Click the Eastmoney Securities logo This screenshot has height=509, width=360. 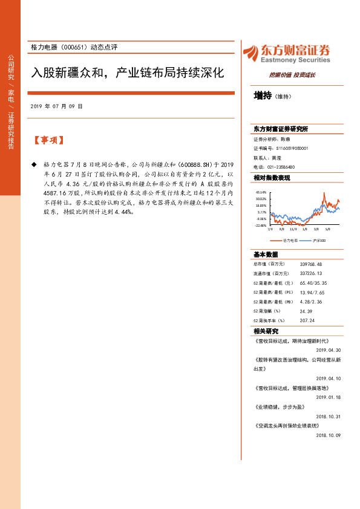pyautogui.click(x=286, y=54)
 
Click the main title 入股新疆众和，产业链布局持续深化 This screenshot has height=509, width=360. pyautogui.click(x=128, y=73)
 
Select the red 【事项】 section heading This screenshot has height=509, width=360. pyautogui.click(x=48, y=140)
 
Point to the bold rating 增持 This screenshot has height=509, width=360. pyautogui.click(x=263, y=95)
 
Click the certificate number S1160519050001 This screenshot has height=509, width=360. pyautogui.click(x=292, y=148)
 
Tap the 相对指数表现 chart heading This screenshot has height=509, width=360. pyautogui.click(x=272, y=178)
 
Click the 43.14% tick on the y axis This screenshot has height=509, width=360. pyautogui.click(x=261, y=192)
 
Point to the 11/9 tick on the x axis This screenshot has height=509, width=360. pyautogui.click(x=293, y=229)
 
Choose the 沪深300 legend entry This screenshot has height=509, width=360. pyautogui.click(x=320, y=240)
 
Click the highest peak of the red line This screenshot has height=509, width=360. pyautogui.click(x=324, y=194)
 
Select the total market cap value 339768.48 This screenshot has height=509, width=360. pyautogui.click(x=311, y=264)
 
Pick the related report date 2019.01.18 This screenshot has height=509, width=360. pyautogui.click(x=329, y=397)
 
